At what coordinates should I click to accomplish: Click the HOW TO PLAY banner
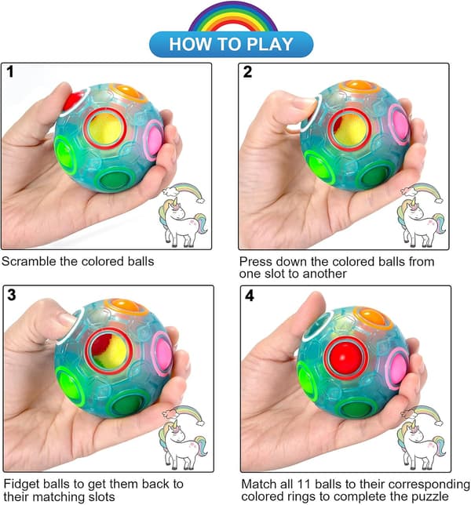pos(231,44)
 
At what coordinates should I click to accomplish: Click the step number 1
pos(10,71)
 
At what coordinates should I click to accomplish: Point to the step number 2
pos(247,71)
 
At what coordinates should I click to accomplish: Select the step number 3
pos(12,295)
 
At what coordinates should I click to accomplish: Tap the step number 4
pos(250,296)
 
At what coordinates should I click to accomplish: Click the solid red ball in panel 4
pos(346,358)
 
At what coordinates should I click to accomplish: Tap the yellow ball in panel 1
pos(105,129)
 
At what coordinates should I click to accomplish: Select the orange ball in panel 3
pos(126,305)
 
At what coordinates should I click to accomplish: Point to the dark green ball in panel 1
pos(115,180)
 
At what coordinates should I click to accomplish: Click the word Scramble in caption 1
pos(29,261)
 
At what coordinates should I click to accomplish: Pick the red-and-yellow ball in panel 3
pos(108,351)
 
